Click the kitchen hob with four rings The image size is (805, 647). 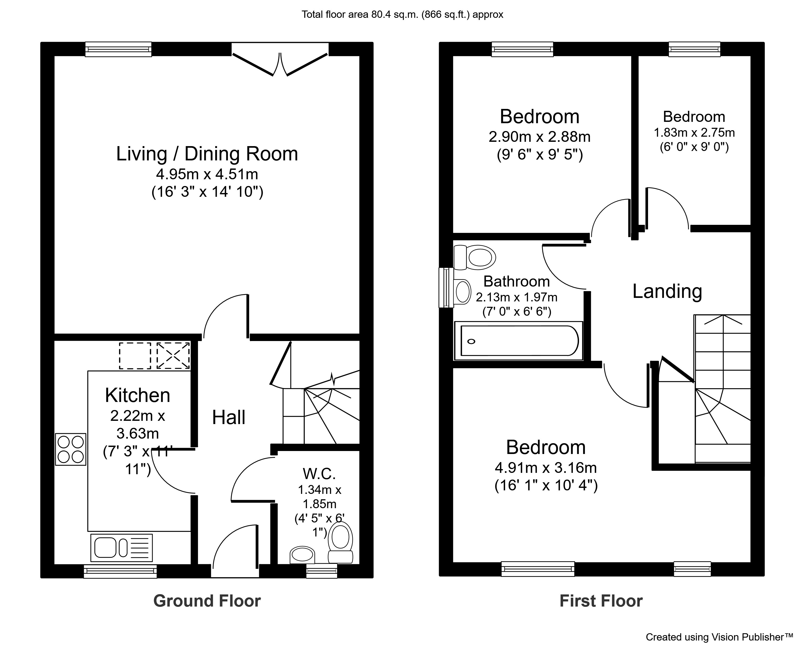71,449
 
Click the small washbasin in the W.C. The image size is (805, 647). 302,555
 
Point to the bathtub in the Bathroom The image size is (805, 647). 518,341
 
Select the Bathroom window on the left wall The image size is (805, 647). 446,287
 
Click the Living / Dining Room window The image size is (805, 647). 118,49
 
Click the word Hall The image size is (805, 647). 228,417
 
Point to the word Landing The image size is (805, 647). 667,291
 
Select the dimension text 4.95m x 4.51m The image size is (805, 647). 207,174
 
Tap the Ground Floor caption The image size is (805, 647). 207,601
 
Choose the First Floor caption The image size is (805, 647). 601,601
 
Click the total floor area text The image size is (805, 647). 402,15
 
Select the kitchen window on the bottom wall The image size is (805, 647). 120,571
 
